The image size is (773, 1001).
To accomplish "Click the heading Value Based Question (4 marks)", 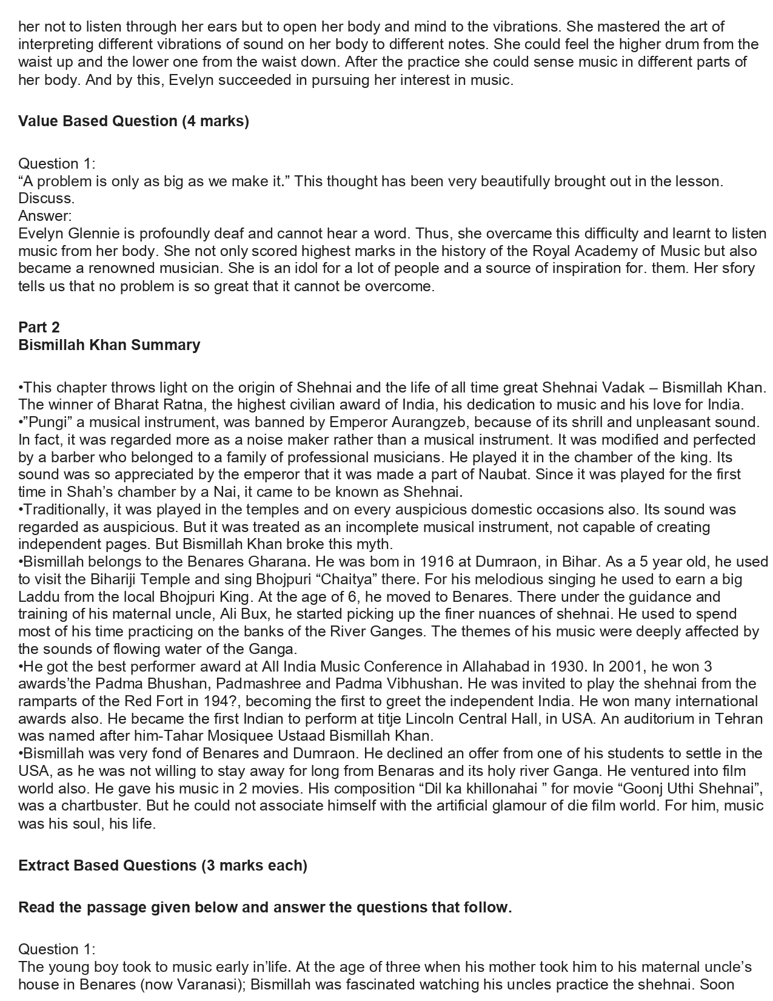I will pyautogui.click(x=133, y=121).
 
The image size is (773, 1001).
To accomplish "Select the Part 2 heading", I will pyautogui.click(x=39, y=328).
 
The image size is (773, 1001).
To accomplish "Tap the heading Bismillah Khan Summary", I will pyautogui.click(x=109, y=345).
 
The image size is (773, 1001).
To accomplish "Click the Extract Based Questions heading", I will pyautogui.click(x=162, y=866).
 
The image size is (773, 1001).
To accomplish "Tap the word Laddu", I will pyautogui.click(x=39, y=597).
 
